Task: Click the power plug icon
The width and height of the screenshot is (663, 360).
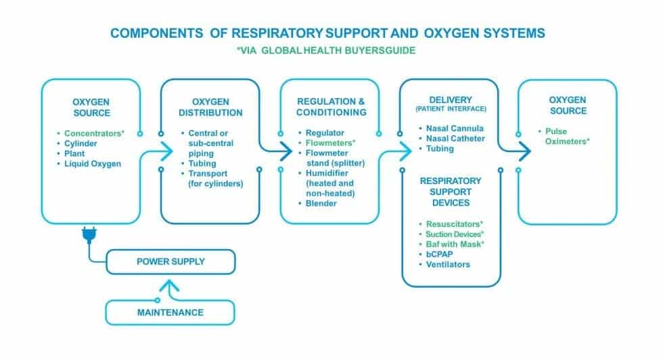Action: coord(88,235)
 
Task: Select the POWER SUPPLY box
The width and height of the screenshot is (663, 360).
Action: coord(170,261)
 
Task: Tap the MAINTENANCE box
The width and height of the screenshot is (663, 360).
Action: coord(170,313)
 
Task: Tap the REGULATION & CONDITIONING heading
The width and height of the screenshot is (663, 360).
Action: coord(331,107)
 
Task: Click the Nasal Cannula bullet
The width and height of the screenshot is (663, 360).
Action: coord(455,128)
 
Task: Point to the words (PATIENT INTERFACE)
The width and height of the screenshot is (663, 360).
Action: coord(450,110)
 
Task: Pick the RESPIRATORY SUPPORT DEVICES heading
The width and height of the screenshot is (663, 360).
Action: coord(451,192)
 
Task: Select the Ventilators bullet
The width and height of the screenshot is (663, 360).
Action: coord(447,264)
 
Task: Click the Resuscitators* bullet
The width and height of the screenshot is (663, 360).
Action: coord(454,223)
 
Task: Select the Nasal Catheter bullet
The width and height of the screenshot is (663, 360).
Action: coord(457,138)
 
